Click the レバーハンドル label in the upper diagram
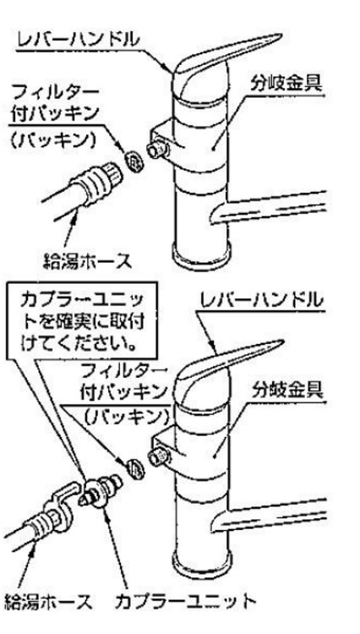[x=79, y=41]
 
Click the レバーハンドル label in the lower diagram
[x=262, y=301]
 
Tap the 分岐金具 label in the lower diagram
[x=287, y=391]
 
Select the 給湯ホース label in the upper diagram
[x=88, y=261]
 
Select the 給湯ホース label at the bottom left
[x=48, y=602]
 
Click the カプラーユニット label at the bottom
[x=185, y=602]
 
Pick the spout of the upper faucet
[x=269, y=206]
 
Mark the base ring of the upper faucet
[x=202, y=255]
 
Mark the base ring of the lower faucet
[x=202, y=563]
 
